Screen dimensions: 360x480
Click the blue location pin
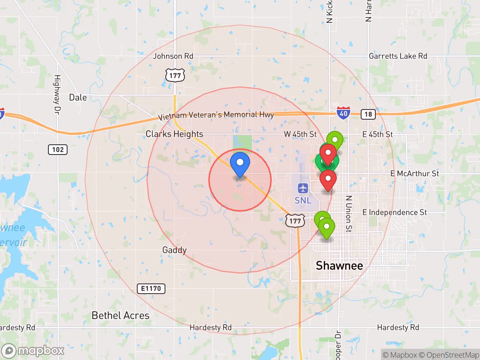tap(240, 163)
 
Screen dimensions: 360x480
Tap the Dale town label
tap(78, 97)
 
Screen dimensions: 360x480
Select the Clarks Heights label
tap(174, 134)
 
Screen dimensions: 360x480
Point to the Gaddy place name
tap(174, 250)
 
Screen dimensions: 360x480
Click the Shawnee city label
tap(339, 265)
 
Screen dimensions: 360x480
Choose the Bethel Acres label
tap(120, 315)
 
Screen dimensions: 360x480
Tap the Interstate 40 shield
tap(343, 113)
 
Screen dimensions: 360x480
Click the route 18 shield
tap(368, 114)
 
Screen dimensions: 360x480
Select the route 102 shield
tap(58, 150)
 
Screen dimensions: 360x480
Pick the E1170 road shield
tap(151, 288)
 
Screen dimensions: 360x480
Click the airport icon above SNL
tap(303, 188)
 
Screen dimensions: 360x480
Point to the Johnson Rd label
tap(173, 56)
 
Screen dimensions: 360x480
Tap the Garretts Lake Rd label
tap(398, 56)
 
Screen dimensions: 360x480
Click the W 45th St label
tap(300, 134)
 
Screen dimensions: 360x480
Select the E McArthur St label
tap(414, 173)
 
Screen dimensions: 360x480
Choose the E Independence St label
tap(394, 212)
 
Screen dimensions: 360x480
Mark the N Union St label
tap(349, 213)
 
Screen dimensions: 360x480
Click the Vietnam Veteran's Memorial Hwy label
tap(216, 115)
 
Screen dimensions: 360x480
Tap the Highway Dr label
tap(57, 94)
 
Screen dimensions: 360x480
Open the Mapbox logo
tap(33, 351)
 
